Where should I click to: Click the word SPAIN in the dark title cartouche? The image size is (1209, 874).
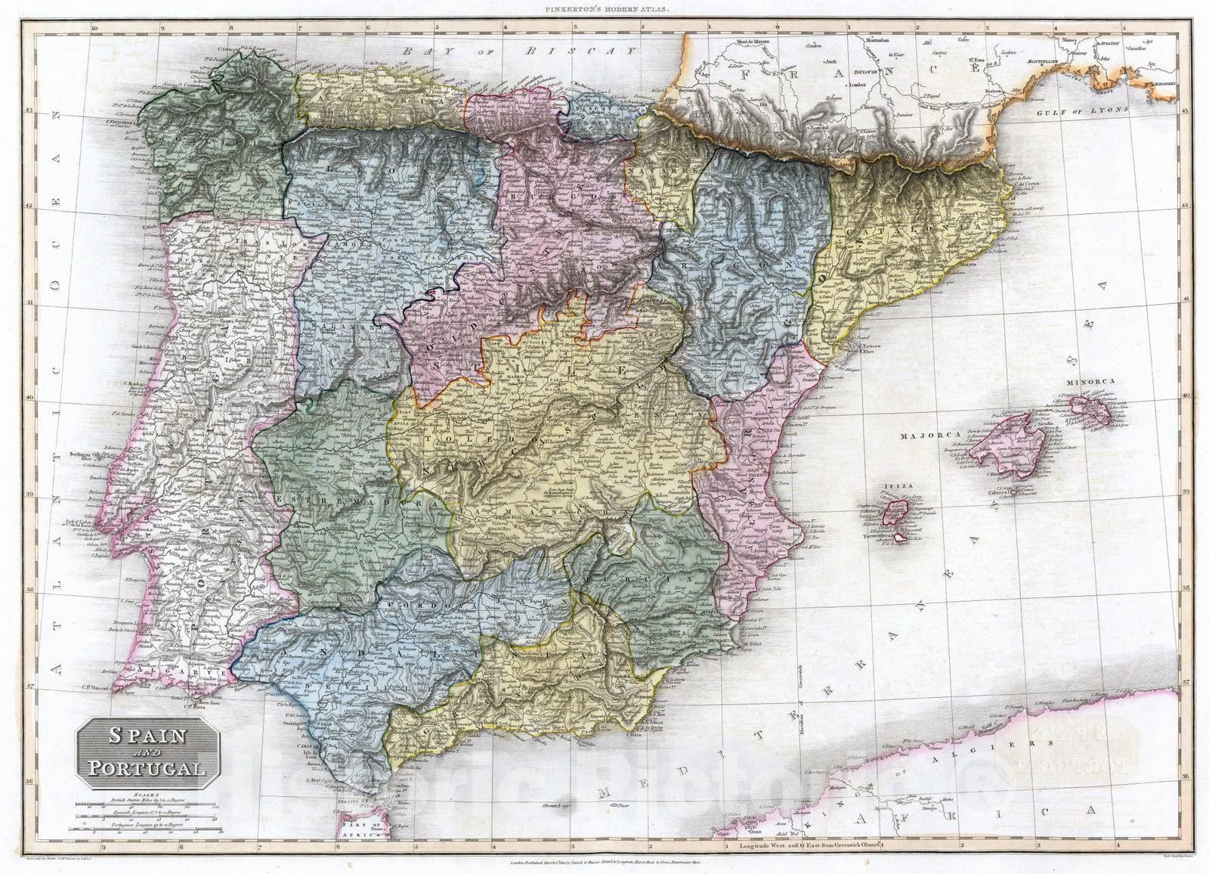[x=148, y=736]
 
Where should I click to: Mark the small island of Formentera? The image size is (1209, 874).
[x=896, y=538]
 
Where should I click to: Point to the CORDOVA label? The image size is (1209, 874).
[x=429, y=606]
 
